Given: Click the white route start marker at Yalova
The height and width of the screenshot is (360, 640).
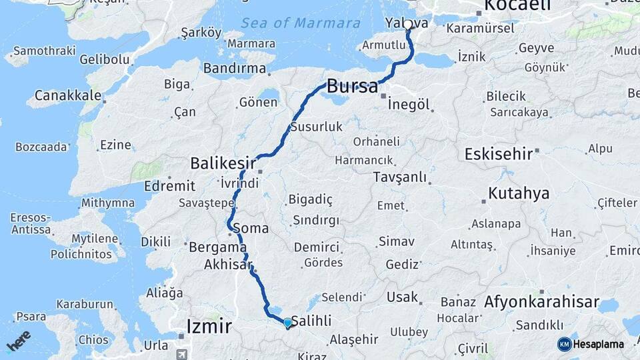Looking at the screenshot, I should pyautogui.click(x=407, y=25).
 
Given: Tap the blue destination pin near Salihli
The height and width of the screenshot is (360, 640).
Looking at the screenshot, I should pyautogui.click(x=287, y=323).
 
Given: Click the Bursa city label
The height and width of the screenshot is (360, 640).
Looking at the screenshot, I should pyautogui.click(x=353, y=85).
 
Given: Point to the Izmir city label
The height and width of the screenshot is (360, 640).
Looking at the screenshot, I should pyautogui.click(x=209, y=327).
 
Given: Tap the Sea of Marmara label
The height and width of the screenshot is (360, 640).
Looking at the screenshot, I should pyautogui.click(x=301, y=23).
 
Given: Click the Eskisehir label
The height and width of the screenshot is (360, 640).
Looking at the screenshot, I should pyautogui.click(x=499, y=154).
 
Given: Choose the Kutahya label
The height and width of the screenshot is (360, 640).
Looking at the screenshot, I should pyautogui.click(x=519, y=193).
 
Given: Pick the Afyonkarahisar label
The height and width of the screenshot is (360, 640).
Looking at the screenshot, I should pyautogui.click(x=541, y=302).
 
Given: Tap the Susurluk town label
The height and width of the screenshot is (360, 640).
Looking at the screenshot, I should pyautogui.click(x=316, y=126).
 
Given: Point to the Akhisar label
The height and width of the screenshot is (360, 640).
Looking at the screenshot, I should pyautogui.click(x=228, y=264).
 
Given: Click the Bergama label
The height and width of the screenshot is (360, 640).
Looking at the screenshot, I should pyautogui.click(x=218, y=247).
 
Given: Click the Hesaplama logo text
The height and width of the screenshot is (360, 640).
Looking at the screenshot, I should pyautogui.click(x=600, y=344).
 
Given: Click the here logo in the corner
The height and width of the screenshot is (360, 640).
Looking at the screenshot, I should pyautogui.click(x=19, y=340).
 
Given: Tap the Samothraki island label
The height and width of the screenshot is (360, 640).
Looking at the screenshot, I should pyautogui.click(x=42, y=51).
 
